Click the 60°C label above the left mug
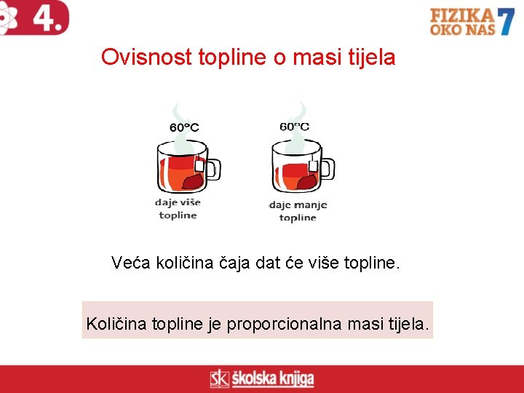(x=184, y=127)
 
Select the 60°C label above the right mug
(x=294, y=126)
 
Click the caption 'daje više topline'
(x=178, y=208)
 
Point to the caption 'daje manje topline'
(x=298, y=211)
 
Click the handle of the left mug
(x=213, y=168)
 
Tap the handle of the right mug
(x=327, y=168)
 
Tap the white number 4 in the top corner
(x=46, y=17)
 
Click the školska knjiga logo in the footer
(x=262, y=378)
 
